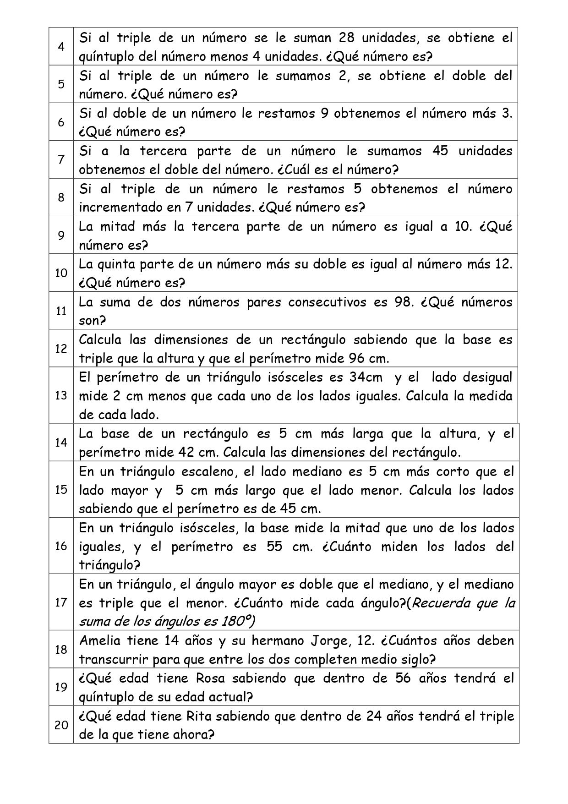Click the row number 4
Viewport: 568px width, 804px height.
click(61, 47)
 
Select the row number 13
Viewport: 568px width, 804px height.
click(61, 395)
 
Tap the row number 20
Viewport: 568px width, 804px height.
click(61, 725)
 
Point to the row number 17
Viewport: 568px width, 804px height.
click(61, 602)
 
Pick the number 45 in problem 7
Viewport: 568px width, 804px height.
click(440, 151)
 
